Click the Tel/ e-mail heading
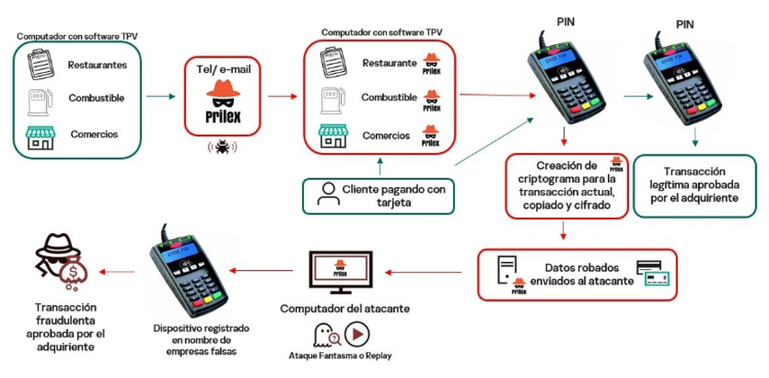tap(223, 68)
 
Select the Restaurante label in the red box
tap(389, 63)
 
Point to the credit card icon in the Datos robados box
tap(654, 272)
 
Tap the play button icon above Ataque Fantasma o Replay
tap(357, 336)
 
